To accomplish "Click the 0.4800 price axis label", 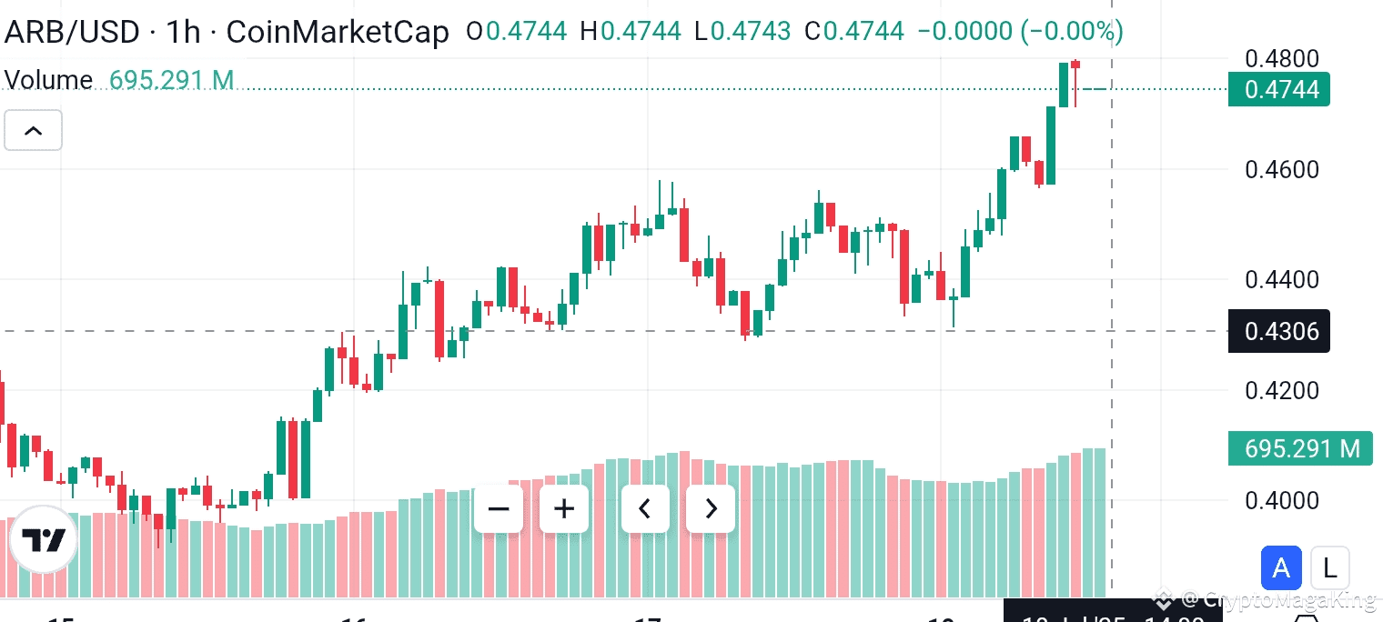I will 1281,59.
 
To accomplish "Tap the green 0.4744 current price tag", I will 1278,89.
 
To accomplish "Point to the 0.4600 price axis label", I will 1281,170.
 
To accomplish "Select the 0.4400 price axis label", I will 1281,279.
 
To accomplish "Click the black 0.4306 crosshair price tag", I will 1278,331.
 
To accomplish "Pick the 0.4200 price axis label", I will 1281,391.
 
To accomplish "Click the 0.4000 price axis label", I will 1281,501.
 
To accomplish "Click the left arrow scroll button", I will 645,508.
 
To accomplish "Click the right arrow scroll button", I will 711,508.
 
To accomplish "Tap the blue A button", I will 1281,569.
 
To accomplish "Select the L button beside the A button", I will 1329,569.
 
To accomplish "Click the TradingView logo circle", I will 44,539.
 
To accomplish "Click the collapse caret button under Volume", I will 33,131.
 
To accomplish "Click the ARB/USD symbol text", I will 72,33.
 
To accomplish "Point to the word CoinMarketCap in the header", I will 337,33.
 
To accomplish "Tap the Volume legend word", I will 49,80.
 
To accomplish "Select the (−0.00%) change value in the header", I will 1072,32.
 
